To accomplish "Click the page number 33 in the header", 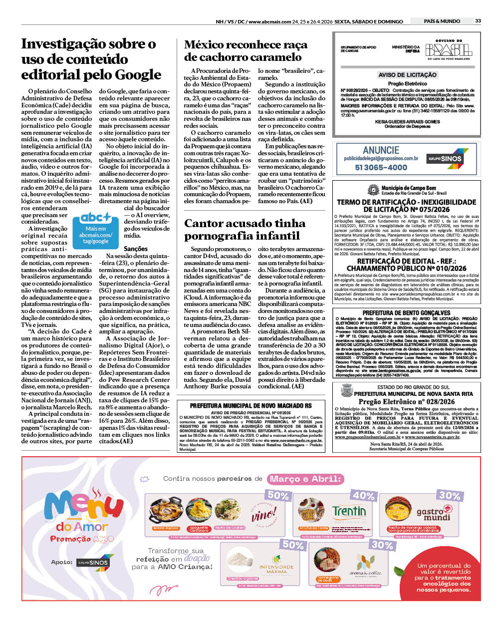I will point(478,21).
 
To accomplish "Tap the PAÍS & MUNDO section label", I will point(442,21).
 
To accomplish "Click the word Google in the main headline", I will point(138,75).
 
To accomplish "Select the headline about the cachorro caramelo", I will point(246,51).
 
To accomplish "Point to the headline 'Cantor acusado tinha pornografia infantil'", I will point(245,229).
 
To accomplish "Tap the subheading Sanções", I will point(136,249).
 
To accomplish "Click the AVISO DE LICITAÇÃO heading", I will point(407,75).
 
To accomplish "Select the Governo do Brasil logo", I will point(448,49).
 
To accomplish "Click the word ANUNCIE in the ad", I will point(381,150).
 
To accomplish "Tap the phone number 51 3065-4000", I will point(381,168).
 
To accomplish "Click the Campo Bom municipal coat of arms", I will point(373,190).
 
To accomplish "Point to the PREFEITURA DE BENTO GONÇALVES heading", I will point(406,313).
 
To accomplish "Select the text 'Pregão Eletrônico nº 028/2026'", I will point(406,401).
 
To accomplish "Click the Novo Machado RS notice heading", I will point(251,406).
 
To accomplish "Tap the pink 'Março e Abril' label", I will point(305,479).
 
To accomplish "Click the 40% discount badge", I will point(363,495).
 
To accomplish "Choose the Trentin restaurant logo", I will point(349,512).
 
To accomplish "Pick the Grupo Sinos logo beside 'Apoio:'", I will point(95,562).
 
